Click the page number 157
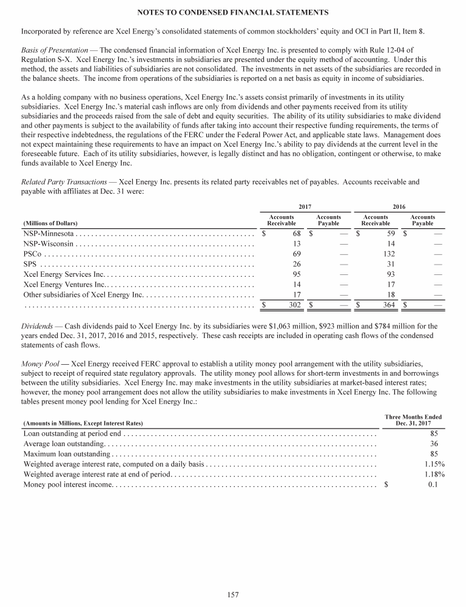pyautogui.click(x=233, y=594)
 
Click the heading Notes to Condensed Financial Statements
pyautogui.click(x=233, y=12)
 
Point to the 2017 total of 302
pyautogui.click(x=294, y=305)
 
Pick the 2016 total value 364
pyautogui.click(x=390, y=305)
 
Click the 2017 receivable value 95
pyautogui.click(x=297, y=274)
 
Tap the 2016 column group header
pyautogui.click(x=399, y=206)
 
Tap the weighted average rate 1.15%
pyautogui.click(x=435, y=464)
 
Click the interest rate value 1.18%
pyautogui.click(x=435, y=475)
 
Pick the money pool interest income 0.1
pyautogui.click(x=433, y=484)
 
